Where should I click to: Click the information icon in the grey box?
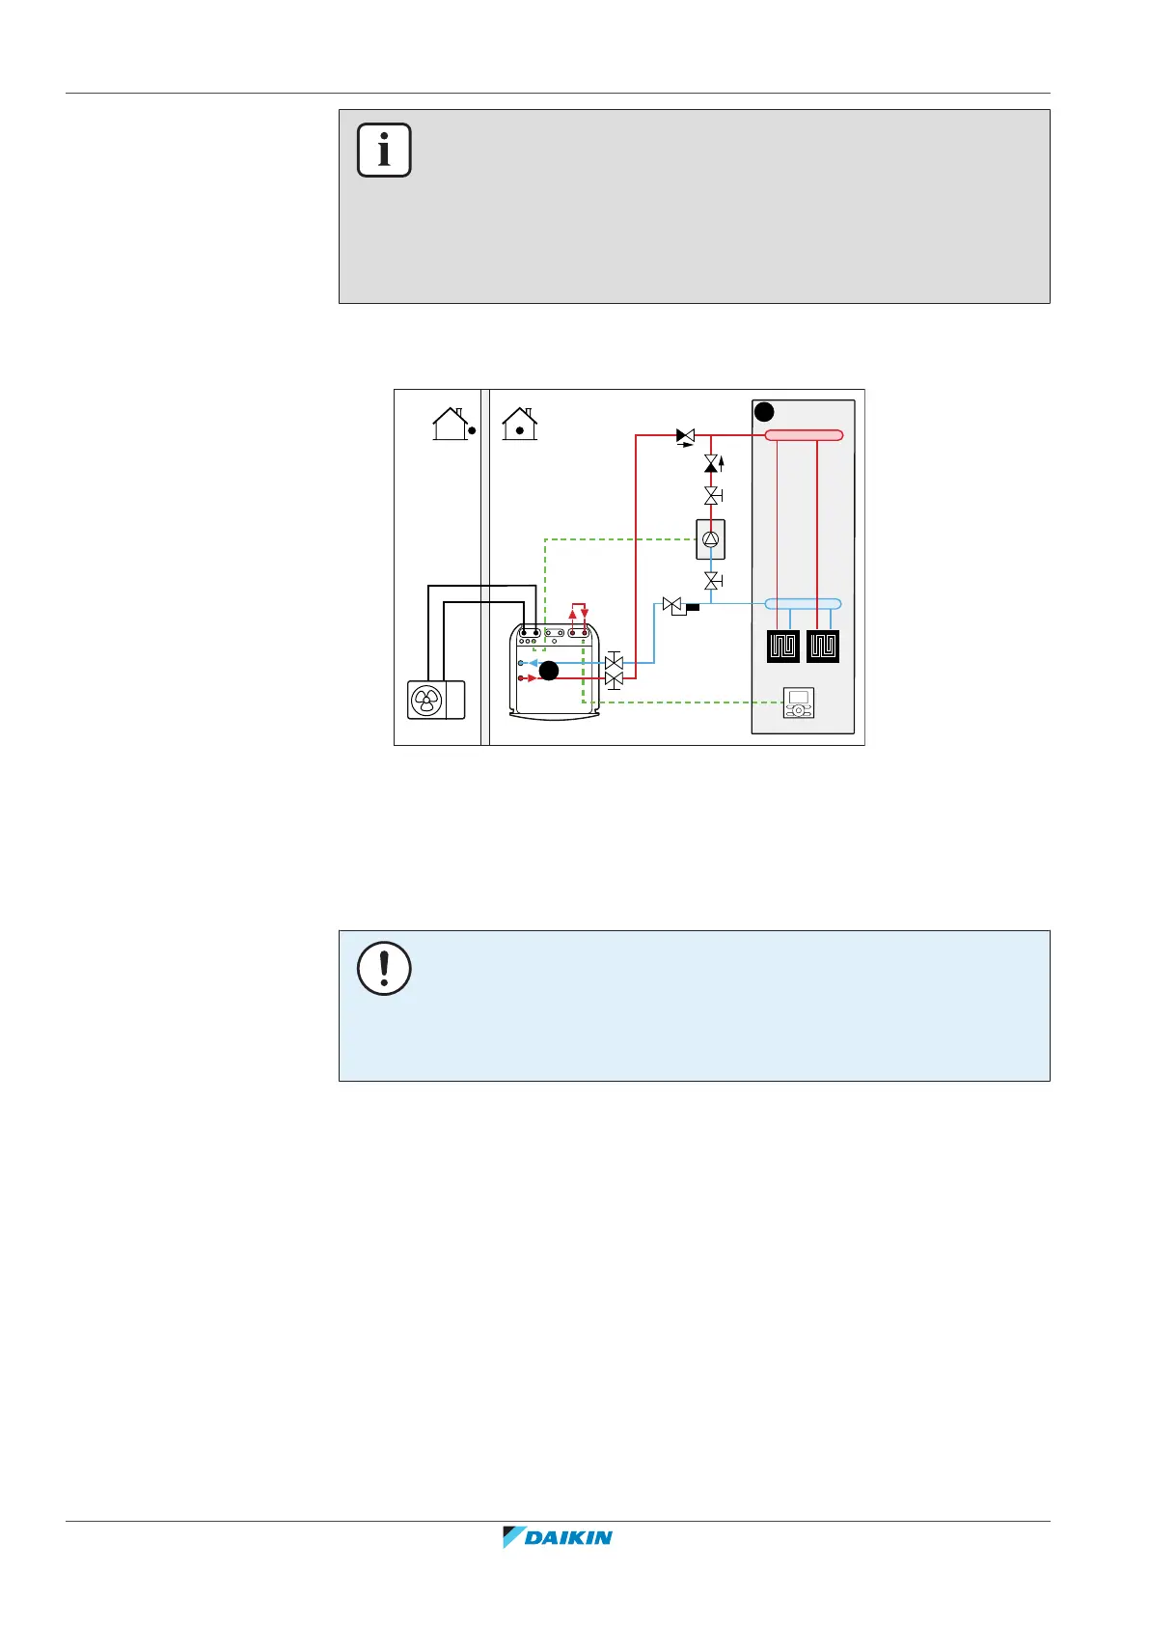(x=384, y=151)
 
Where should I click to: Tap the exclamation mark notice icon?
(x=384, y=968)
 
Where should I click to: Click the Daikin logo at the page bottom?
(x=558, y=1537)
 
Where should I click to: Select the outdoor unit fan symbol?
(x=426, y=701)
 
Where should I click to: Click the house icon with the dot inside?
(x=520, y=424)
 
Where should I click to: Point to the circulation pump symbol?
(x=711, y=540)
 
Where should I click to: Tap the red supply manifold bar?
(x=804, y=435)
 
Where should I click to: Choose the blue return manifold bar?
(x=803, y=604)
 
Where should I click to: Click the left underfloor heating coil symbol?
(x=783, y=647)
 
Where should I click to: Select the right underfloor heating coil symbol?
(x=823, y=647)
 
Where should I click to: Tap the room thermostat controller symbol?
(x=799, y=702)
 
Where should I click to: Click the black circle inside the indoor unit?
(x=549, y=671)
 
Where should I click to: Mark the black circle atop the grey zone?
(x=763, y=412)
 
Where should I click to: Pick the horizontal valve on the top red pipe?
(x=685, y=436)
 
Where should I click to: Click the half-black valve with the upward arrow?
(x=712, y=464)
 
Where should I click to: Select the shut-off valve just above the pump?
(x=712, y=496)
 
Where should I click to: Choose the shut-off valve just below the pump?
(x=712, y=581)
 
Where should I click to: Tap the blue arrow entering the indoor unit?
(x=530, y=663)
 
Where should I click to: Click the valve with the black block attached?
(x=674, y=606)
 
